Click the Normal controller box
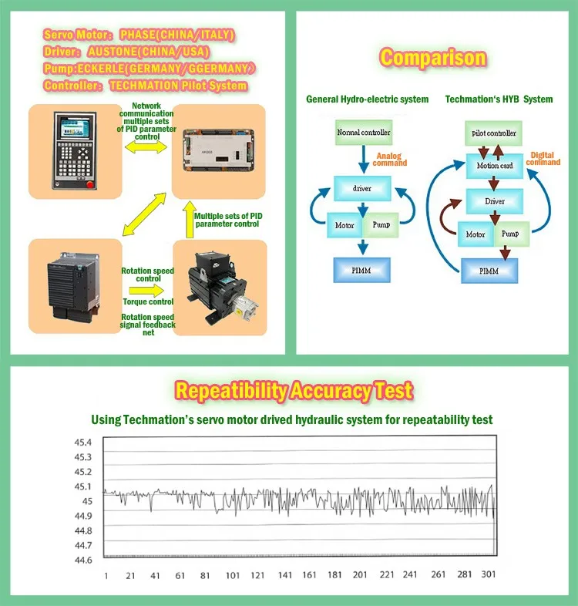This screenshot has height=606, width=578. click(364, 133)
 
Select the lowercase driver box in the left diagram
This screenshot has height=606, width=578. click(362, 187)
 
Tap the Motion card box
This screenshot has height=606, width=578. click(494, 165)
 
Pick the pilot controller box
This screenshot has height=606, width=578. click(494, 133)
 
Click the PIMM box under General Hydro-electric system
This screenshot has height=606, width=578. click(362, 269)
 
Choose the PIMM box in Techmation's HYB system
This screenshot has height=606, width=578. click(489, 271)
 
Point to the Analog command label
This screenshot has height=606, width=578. click(389, 159)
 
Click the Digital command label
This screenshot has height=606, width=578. click(543, 159)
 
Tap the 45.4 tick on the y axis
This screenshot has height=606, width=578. click(82, 443)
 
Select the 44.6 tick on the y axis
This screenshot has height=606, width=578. click(82, 560)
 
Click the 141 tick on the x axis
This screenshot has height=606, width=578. click(284, 575)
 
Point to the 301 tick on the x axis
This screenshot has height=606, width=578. click(488, 575)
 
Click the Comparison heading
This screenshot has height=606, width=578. click(433, 58)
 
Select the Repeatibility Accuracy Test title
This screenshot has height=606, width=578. click(294, 390)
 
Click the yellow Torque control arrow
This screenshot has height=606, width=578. click(146, 291)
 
